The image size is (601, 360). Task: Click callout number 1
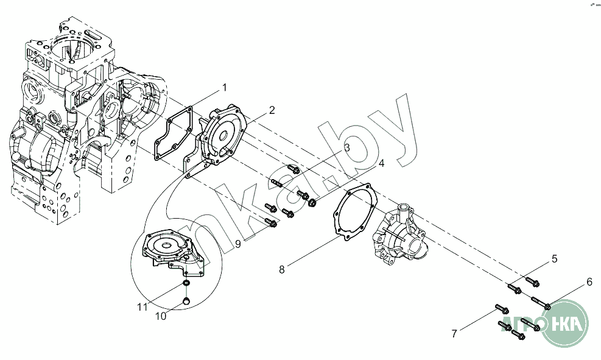tap(225, 88)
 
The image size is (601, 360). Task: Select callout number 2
tap(272, 110)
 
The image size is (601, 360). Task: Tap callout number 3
tap(347, 147)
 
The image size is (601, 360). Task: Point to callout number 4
tap(381, 163)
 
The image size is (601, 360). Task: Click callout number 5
tap(554, 259)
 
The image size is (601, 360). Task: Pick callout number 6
tap(589, 282)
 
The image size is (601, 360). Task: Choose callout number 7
tap(454, 334)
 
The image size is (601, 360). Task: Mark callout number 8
tap(282, 269)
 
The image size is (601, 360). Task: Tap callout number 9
tap(238, 244)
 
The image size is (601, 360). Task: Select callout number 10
tap(161, 317)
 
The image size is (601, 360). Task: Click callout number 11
tap(142, 307)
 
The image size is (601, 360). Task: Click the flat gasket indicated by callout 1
tap(174, 133)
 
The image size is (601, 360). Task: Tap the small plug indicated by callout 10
tap(186, 300)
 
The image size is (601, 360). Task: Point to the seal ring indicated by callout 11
tap(186, 283)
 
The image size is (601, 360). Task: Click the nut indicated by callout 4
tap(312, 203)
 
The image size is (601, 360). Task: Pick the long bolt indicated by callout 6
tap(541, 302)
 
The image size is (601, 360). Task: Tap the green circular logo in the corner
tap(564, 323)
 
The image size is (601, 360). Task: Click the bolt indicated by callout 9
tap(270, 222)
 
